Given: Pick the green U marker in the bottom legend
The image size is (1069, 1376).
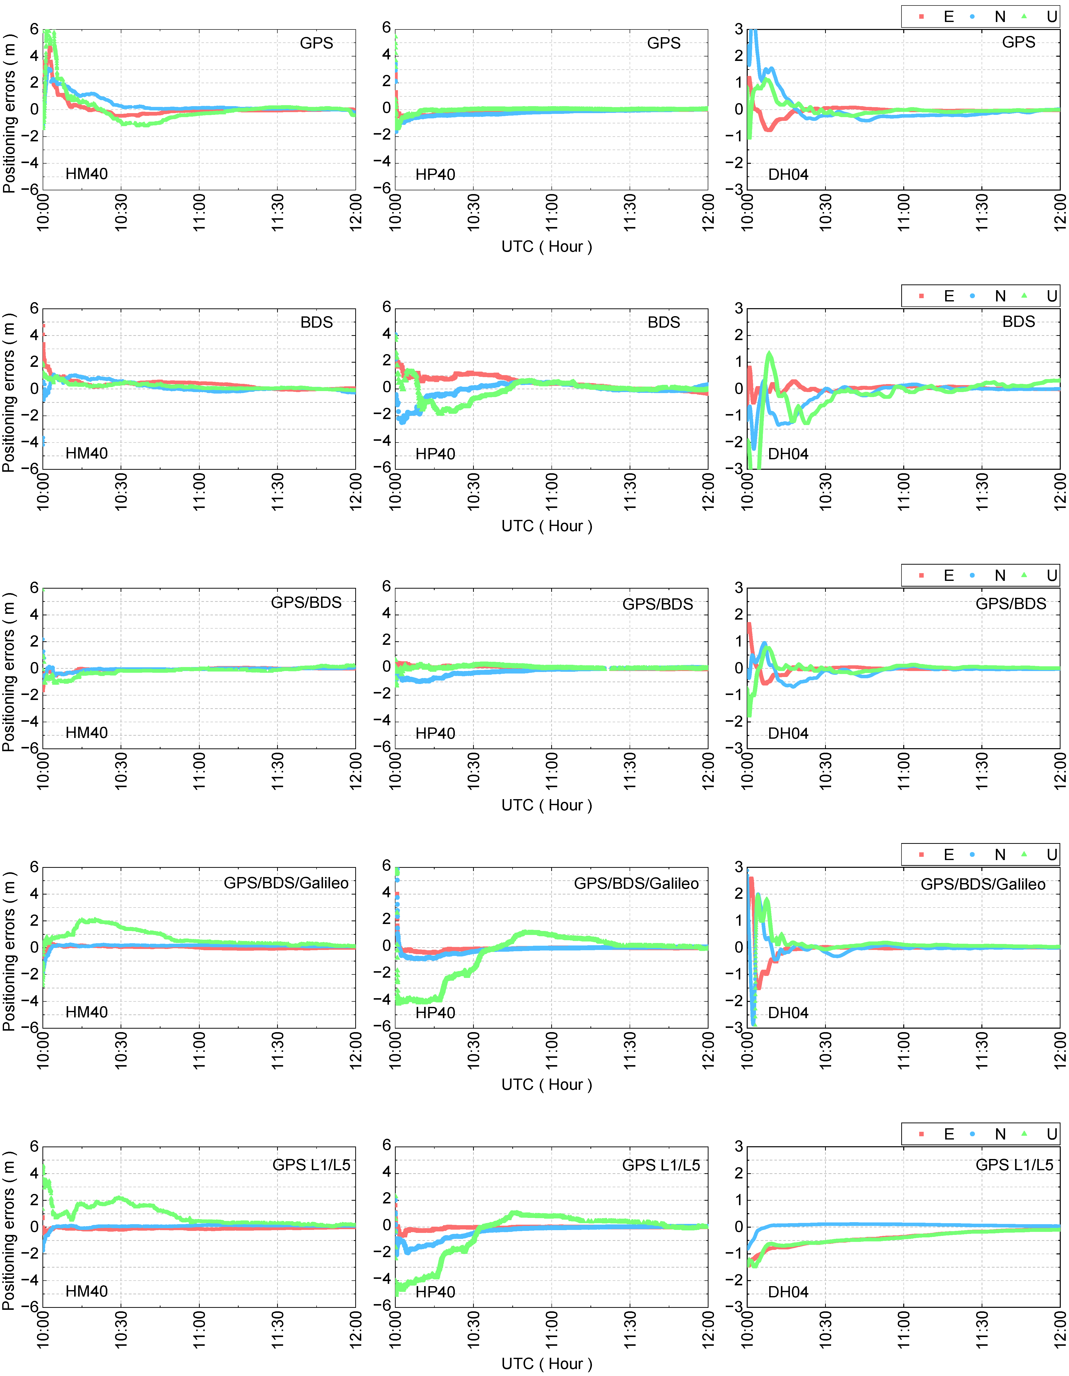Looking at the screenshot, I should coord(1024,1134).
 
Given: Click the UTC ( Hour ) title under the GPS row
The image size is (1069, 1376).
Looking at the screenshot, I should coord(546,246).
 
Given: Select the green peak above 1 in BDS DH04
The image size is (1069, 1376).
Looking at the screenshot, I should coord(769,355).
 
